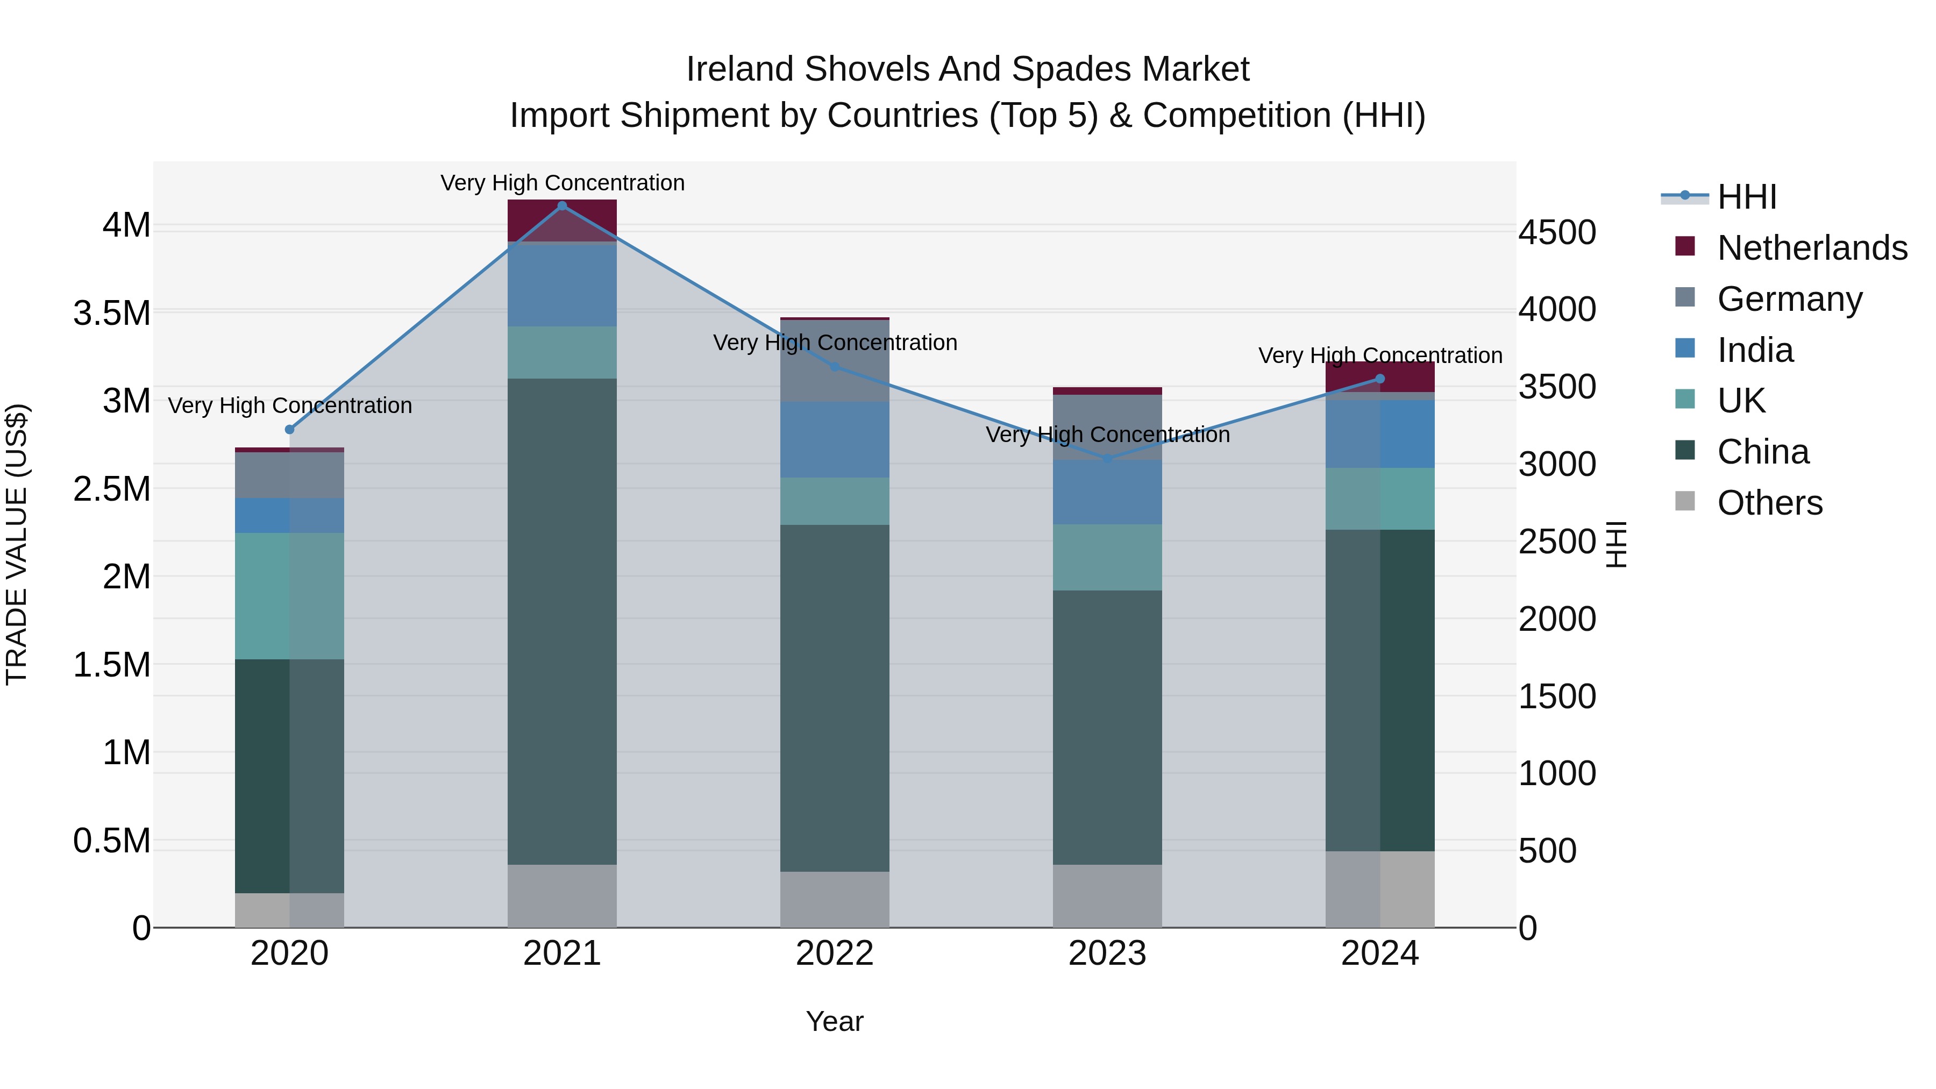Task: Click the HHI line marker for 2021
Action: (x=562, y=206)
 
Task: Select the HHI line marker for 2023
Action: (x=1107, y=458)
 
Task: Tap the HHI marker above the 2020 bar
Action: (x=289, y=430)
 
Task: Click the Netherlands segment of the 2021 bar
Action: (x=562, y=220)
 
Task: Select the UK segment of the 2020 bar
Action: (x=289, y=596)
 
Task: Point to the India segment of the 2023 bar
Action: (x=1107, y=492)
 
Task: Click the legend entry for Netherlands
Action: (x=1811, y=248)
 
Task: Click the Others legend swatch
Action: (x=1685, y=501)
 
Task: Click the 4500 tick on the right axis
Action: (x=1556, y=232)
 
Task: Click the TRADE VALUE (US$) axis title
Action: (x=17, y=544)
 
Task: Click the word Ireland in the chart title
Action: (x=739, y=69)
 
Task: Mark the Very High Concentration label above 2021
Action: (x=562, y=183)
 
